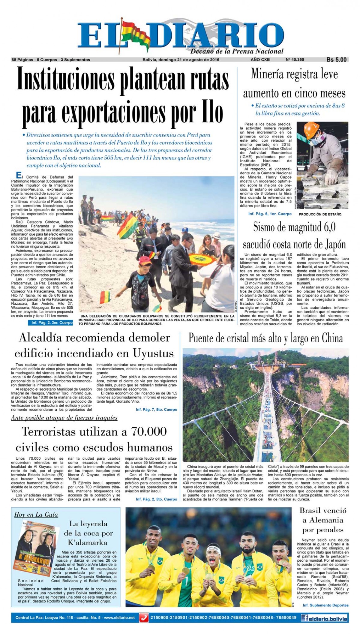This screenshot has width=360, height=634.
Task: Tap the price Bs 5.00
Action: (336, 60)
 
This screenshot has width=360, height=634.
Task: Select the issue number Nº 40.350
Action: (295, 60)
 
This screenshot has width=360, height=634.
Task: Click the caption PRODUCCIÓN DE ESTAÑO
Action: (320, 215)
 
